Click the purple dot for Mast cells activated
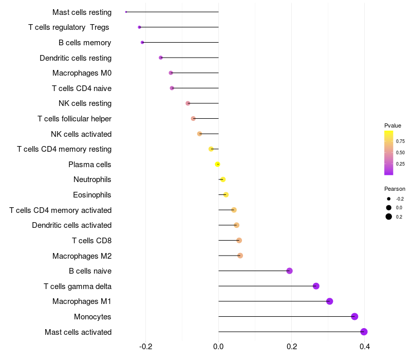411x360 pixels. pos(364,332)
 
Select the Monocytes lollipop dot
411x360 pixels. pos(354,316)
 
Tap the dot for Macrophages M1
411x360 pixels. pos(329,301)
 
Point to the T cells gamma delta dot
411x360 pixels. pos(316,286)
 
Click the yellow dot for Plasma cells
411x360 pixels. pos(218,164)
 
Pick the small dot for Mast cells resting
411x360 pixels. pos(126,12)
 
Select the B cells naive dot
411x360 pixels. pos(289,271)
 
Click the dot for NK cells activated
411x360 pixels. pos(200,134)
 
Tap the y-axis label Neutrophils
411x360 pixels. pos(92,179)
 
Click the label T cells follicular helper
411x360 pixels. pos(74,119)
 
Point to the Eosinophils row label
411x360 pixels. pos(92,195)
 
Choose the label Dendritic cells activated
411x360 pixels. pos(71,225)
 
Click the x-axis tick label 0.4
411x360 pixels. pos(365,347)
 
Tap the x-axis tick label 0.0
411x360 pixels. pos(218,347)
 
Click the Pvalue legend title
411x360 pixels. pos(393,125)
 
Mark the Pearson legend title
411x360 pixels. pos(395,189)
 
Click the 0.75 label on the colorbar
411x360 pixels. pos(400,141)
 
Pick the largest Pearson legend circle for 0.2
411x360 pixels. pos(389,217)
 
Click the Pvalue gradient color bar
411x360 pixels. pos(389,153)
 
